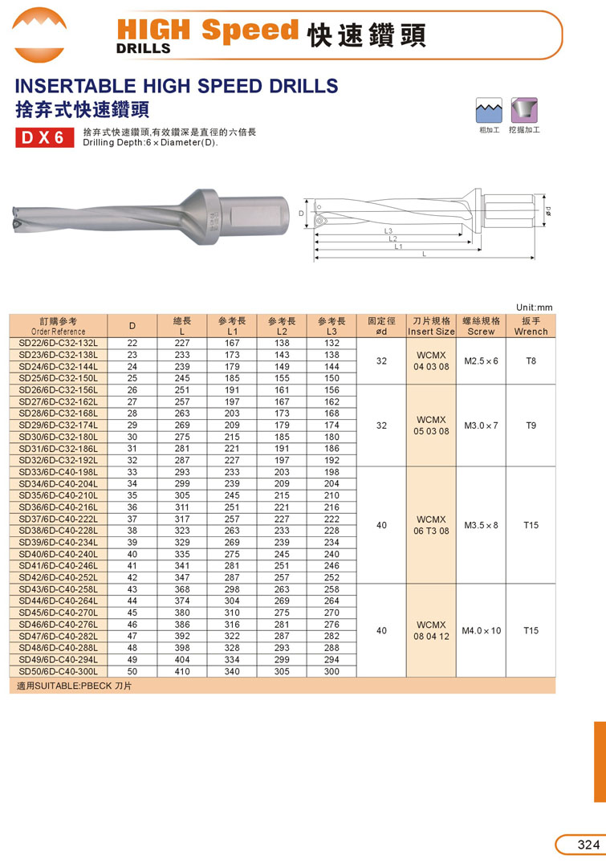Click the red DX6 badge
[x=45, y=137]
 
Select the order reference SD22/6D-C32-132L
[x=58, y=344]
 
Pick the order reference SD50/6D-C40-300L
[x=58, y=671]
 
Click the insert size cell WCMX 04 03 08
[x=431, y=361]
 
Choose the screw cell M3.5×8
[x=481, y=525]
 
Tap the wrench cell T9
[x=531, y=425]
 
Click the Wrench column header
[x=531, y=325]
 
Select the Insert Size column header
[x=431, y=325]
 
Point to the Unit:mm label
[x=535, y=307]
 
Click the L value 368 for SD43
[x=182, y=589]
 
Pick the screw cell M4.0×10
[x=481, y=631]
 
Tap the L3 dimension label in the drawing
[x=388, y=231]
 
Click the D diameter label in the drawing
[x=301, y=214]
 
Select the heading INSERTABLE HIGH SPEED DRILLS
[x=177, y=85]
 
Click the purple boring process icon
[x=524, y=109]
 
